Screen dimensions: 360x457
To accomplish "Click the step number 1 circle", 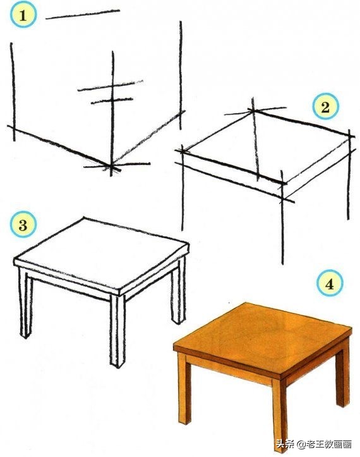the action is [x=23, y=15].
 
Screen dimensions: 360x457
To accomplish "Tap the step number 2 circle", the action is [x=325, y=107].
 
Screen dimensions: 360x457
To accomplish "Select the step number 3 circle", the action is [x=23, y=225].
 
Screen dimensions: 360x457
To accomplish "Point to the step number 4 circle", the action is [x=330, y=283].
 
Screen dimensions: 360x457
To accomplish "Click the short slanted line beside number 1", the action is [x=83, y=15].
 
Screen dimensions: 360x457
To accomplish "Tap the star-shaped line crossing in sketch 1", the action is [x=111, y=166].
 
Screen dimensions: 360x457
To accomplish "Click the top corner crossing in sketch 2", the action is [x=253, y=111].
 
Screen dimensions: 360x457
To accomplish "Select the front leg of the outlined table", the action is [x=117, y=331].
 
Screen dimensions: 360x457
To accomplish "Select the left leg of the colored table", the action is [x=184, y=387].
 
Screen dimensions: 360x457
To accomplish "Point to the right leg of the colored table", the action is [x=342, y=375].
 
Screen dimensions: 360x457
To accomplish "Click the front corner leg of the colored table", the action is [x=279, y=414].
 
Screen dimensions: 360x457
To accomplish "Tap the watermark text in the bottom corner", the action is [x=314, y=444].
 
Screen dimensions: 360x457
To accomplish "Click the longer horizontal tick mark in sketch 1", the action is [x=111, y=86].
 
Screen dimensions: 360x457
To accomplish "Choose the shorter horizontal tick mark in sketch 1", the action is [x=112, y=101].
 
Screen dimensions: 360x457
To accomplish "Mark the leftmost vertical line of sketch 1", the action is [x=13, y=92].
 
